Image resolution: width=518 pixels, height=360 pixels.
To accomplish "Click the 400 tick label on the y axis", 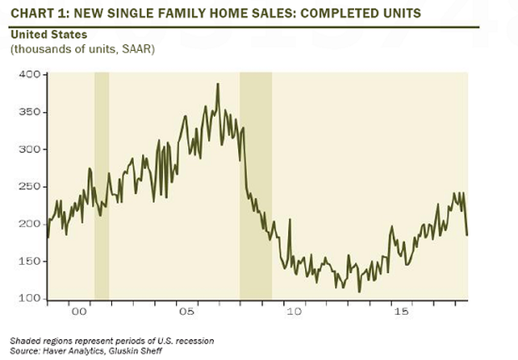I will click(x=29, y=75).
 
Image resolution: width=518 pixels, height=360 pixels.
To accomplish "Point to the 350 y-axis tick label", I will click(x=29, y=113).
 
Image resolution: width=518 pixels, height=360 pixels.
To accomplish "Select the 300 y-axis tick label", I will click(x=29, y=150).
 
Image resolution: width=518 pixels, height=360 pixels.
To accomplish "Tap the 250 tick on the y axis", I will click(x=29, y=187).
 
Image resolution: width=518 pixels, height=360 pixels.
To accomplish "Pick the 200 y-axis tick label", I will click(x=29, y=225).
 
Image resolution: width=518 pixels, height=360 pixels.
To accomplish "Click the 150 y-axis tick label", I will click(x=29, y=262).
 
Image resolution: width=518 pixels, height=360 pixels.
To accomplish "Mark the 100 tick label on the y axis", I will click(x=29, y=299).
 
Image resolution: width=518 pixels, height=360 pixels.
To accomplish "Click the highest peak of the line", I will click(x=218, y=84).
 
